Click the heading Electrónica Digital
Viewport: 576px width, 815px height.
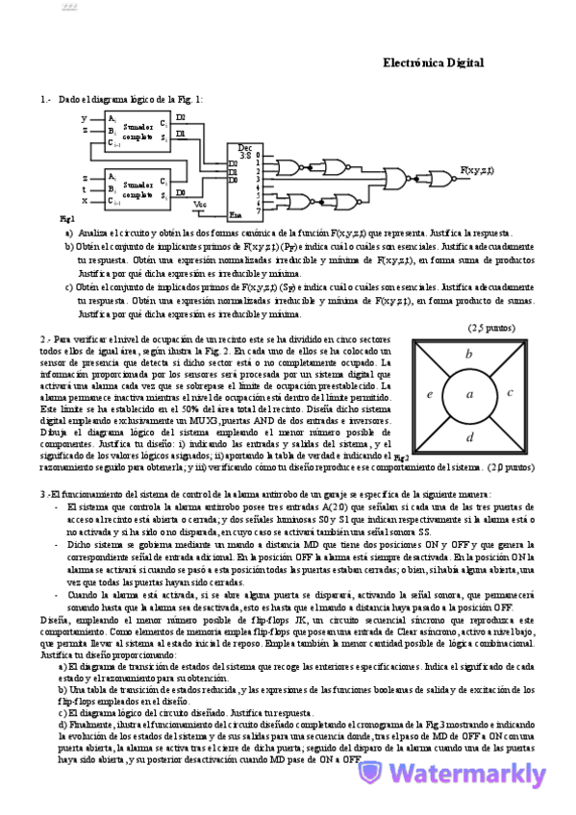pos(433,62)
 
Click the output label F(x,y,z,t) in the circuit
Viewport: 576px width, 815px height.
pos(476,170)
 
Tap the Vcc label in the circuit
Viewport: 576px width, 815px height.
pos(199,204)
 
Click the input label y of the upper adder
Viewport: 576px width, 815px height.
pos(85,117)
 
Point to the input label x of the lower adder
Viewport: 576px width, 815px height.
pos(85,200)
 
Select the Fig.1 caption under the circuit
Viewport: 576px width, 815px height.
pos(66,220)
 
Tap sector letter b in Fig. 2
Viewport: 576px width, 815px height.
pos(468,354)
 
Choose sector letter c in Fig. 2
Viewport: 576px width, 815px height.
pos(510,392)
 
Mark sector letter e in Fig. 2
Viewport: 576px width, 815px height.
pos(429,393)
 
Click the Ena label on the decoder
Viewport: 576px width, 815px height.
pos(233,213)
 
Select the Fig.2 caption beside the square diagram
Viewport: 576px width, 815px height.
pos(402,457)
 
